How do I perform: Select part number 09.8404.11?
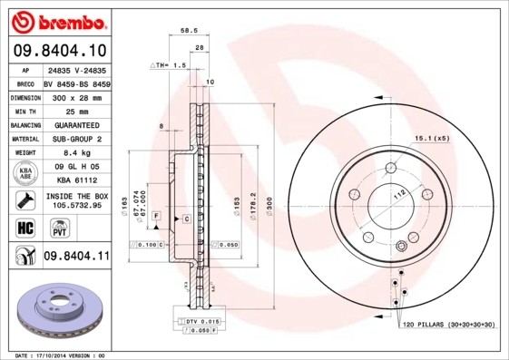pos(76,257)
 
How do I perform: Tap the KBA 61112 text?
pos(76,180)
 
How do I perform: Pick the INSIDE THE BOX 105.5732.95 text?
pos(76,200)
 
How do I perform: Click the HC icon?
pos(23,227)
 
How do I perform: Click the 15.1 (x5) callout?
pos(432,138)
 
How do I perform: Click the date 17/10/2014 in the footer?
pos(52,355)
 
